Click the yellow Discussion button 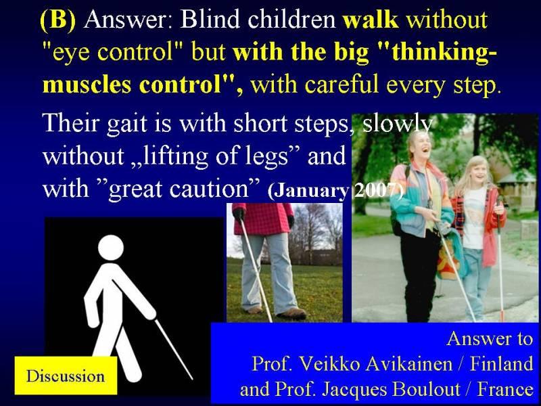66,376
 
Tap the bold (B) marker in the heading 58,20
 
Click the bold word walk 371,20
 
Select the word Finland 502,363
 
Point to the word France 505,389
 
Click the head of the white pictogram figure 111,247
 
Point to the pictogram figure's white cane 174,349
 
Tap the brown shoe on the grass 292,313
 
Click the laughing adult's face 420,145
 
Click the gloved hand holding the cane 239,215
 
